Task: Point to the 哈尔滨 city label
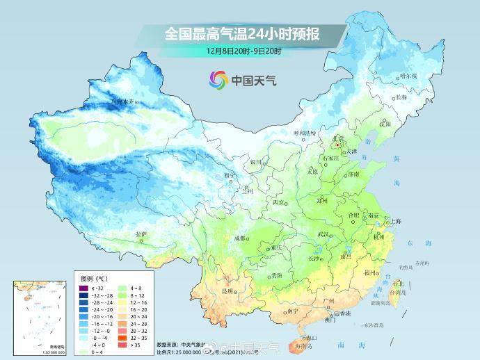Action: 409,75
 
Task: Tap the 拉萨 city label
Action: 141,234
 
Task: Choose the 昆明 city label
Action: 227,291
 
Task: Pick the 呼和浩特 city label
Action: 303,132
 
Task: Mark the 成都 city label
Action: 241,238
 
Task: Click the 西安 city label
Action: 278,202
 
